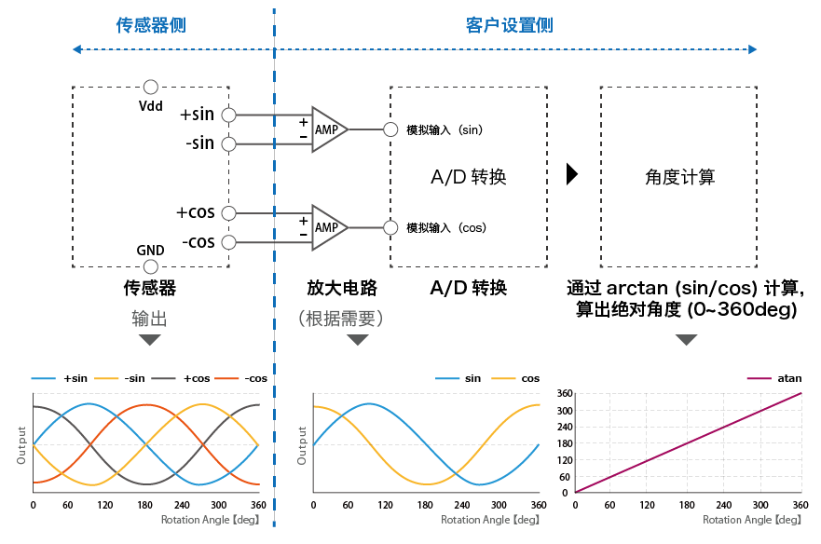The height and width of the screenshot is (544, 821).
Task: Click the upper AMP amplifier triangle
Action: [328, 129]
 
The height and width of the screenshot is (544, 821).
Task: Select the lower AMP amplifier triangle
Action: [328, 227]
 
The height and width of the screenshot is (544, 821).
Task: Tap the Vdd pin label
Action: [150, 105]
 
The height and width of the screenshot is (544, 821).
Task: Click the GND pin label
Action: [150, 250]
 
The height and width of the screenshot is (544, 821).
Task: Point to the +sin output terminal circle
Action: [228, 115]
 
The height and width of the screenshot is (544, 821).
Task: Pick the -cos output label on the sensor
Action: [198, 242]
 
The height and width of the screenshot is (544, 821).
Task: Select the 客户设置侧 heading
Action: [509, 25]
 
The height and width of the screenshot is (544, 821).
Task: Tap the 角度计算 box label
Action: [679, 177]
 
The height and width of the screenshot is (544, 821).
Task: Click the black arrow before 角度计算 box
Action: [572, 174]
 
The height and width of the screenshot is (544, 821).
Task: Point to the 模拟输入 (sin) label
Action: [445, 129]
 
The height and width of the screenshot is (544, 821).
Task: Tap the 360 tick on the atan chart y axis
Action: [563, 394]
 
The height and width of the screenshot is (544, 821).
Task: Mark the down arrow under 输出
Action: [149, 340]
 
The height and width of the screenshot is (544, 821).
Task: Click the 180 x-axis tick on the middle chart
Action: [425, 506]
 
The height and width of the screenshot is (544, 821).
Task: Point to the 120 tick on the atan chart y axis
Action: [563, 459]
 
